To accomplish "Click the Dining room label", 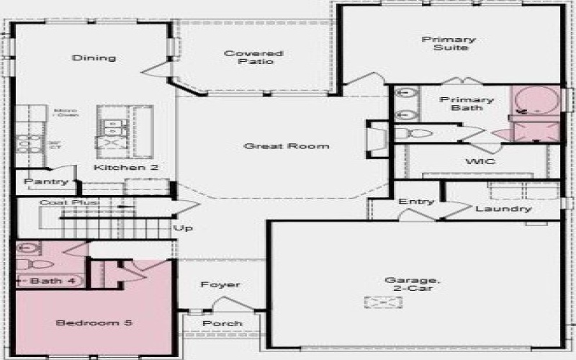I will pyautogui.click(x=94, y=58).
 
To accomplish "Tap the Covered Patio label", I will pyautogui.click(x=243, y=58).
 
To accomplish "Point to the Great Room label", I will pyautogui.click(x=287, y=146).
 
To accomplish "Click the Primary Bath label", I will pyautogui.click(x=467, y=104).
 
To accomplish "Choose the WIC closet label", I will pyautogui.click(x=480, y=161).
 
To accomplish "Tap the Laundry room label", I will pyautogui.click(x=503, y=209).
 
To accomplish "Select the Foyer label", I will pyautogui.click(x=221, y=285).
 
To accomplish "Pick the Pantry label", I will pyautogui.click(x=46, y=181).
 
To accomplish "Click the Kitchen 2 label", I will pyautogui.click(x=126, y=167).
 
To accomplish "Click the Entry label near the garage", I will pyautogui.click(x=413, y=202).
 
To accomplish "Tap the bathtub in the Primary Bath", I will pyautogui.click(x=535, y=101).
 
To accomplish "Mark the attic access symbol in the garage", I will pyautogui.click(x=378, y=302).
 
